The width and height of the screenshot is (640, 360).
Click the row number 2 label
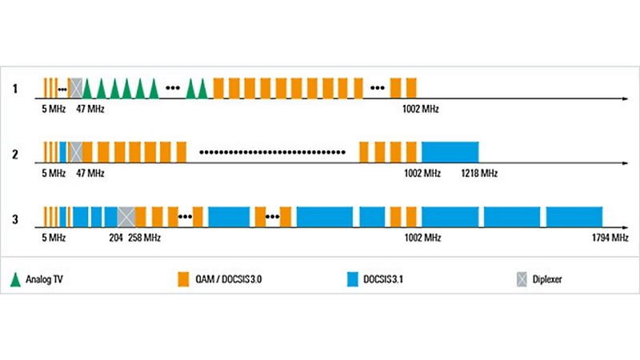pyautogui.click(x=14, y=151)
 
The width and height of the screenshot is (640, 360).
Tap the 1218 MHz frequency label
pyautogui.click(x=480, y=173)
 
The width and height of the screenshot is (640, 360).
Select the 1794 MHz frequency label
pyautogui.click(x=609, y=238)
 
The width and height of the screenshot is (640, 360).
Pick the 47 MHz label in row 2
pyautogui.click(x=90, y=173)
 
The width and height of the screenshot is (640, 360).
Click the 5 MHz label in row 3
pyautogui.click(x=54, y=238)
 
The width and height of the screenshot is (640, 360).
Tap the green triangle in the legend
pyautogui.click(x=14, y=279)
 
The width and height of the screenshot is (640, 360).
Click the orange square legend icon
pyautogui.click(x=183, y=279)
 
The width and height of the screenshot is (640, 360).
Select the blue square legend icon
pyautogui.click(x=352, y=279)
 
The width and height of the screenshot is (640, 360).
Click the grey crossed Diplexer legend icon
pyautogui.click(x=522, y=279)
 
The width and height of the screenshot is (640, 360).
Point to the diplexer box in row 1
pyautogui.click(x=76, y=87)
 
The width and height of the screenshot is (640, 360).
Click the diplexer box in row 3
pyautogui.click(x=126, y=216)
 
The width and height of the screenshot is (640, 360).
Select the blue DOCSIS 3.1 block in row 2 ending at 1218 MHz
pyautogui.click(x=450, y=151)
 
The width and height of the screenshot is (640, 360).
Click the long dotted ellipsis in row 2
pyautogui.click(x=272, y=151)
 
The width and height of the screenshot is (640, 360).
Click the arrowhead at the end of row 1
pyautogui.click(x=624, y=99)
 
